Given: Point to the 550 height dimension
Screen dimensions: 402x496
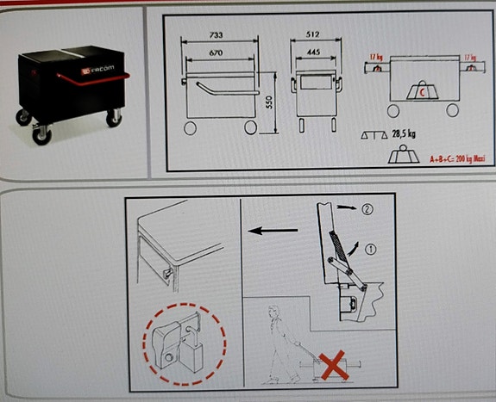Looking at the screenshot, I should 270,102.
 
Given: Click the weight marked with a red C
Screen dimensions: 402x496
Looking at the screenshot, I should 422,88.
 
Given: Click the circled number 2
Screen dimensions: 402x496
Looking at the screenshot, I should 369,208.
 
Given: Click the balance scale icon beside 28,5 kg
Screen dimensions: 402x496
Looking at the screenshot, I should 374,136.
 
